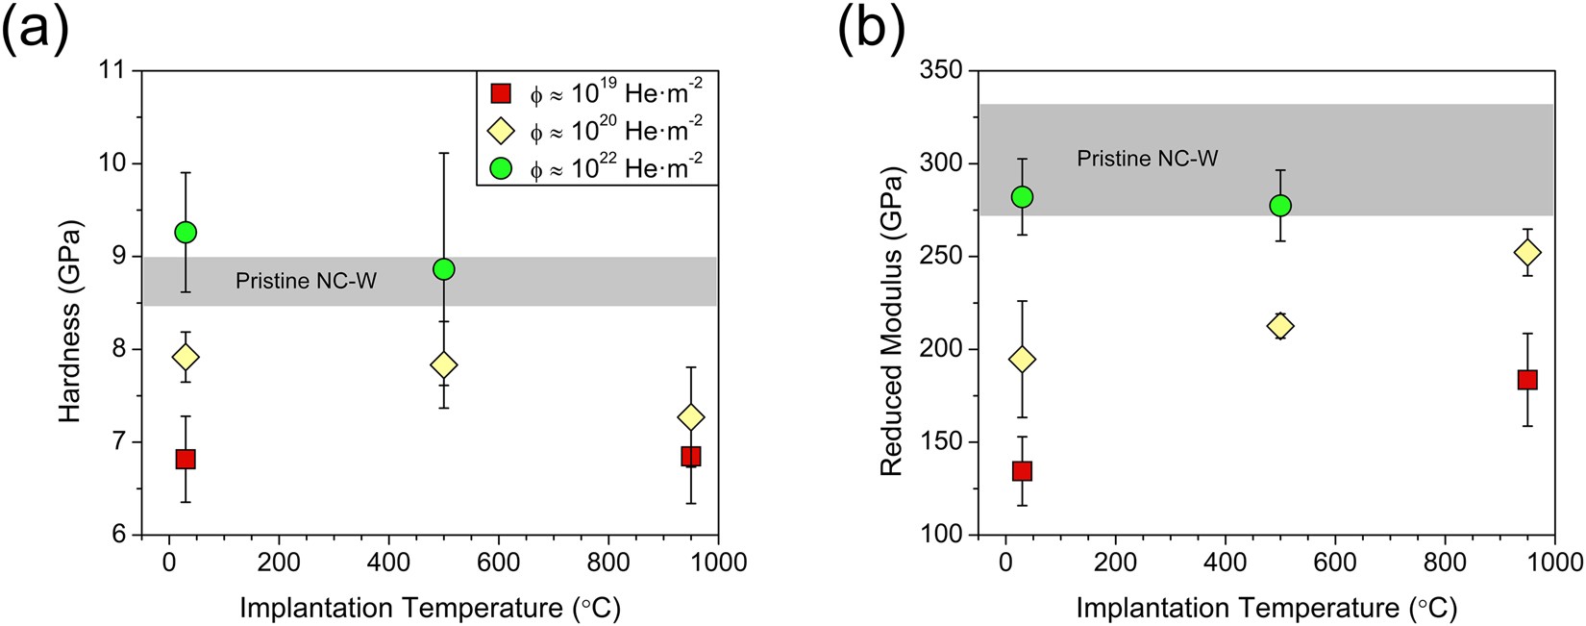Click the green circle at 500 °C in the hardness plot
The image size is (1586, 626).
(443, 269)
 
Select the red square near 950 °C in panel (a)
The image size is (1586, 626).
(690, 456)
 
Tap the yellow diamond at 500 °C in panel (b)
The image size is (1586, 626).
(1279, 326)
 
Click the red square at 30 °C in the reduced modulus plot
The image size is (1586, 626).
(1022, 471)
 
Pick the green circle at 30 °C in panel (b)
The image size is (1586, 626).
(1022, 197)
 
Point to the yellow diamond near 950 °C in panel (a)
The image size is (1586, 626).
(690, 417)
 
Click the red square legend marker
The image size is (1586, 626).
(500, 93)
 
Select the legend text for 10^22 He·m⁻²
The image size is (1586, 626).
(616, 168)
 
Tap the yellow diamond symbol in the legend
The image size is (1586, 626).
(500, 131)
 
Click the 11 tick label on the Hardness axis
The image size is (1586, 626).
(112, 71)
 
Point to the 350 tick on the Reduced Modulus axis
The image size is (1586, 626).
(942, 71)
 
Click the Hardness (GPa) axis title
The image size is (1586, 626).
(70, 321)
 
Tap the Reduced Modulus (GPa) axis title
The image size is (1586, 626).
(891, 321)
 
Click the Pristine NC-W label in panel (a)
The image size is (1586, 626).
(307, 281)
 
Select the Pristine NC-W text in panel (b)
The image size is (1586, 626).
(1147, 159)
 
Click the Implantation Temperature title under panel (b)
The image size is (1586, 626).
(1266, 608)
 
